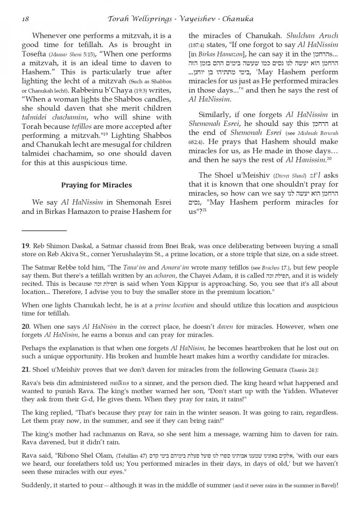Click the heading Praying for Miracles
pos(96,185)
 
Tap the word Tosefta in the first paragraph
pos(34,54)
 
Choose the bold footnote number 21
pos(25,369)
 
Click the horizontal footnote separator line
pos(44,230)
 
